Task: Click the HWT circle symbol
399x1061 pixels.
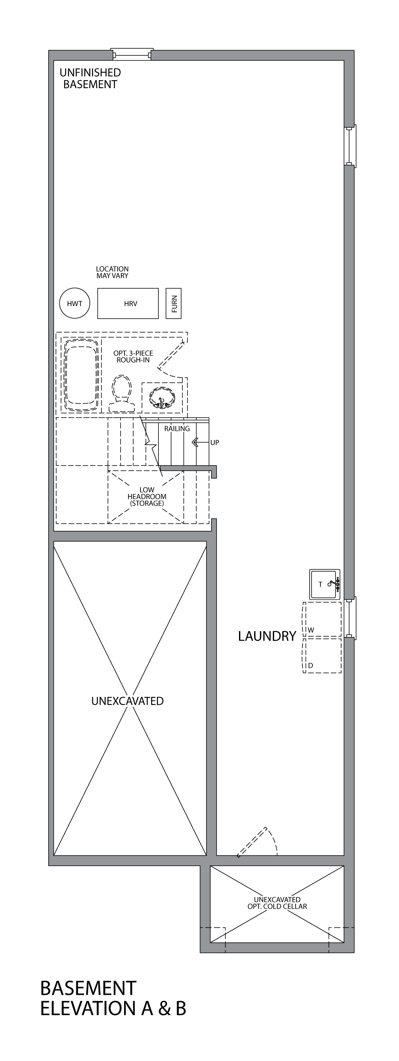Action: coord(75,304)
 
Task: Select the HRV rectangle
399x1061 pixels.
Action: coord(128,304)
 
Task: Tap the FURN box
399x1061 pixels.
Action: coord(174,304)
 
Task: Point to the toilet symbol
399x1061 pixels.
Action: coord(122,394)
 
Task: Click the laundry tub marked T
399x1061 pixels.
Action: coord(324,584)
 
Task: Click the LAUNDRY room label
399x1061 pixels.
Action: coord(267,636)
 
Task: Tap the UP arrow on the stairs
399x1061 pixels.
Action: coord(195,443)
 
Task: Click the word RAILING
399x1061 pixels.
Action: coord(177,429)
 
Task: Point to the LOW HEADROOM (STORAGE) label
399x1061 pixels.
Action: coord(147,497)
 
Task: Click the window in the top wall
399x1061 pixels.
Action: coord(132,54)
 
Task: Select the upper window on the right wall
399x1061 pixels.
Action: coord(350,146)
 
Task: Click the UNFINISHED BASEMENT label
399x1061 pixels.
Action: coord(90,78)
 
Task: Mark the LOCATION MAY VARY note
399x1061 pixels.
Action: coord(112,272)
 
